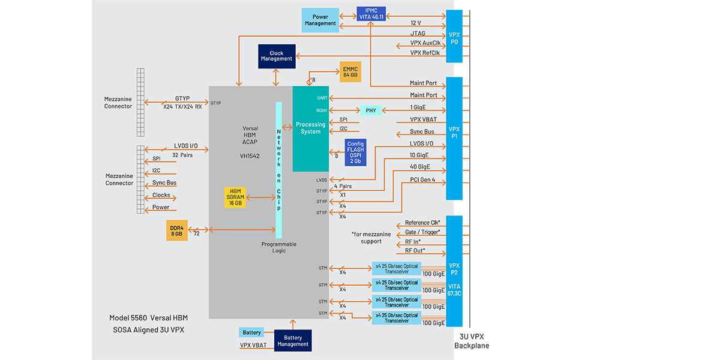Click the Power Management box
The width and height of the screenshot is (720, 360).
(x=320, y=20)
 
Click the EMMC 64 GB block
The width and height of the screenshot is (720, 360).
(x=350, y=72)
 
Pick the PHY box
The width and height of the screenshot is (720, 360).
(x=370, y=110)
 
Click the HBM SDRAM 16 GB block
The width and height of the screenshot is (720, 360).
(x=235, y=196)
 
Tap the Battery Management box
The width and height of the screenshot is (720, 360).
(x=293, y=340)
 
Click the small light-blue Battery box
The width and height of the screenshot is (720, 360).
(x=252, y=332)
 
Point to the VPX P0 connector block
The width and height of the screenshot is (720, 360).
(x=454, y=36)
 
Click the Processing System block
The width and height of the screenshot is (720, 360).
(x=311, y=128)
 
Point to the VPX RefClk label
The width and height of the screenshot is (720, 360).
(x=425, y=53)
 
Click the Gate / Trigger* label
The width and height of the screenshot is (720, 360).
(x=422, y=232)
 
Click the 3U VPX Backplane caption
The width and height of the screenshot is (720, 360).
(x=472, y=342)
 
